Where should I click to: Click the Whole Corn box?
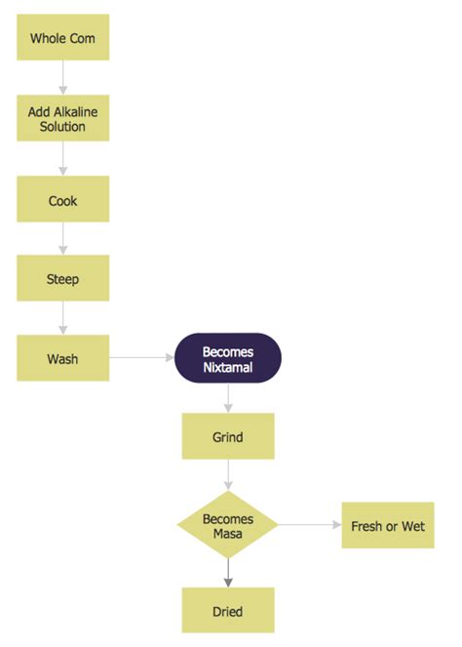click(x=63, y=38)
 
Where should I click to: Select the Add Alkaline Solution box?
click(x=63, y=119)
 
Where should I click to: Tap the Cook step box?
click(x=63, y=200)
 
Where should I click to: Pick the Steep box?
click(x=63, y=279)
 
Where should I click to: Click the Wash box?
click(x=63, y=358)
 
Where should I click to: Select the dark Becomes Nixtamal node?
click(x=228, y=358)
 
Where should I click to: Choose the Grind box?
click(x=228, y=436)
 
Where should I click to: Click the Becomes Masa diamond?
click(x=228, y=526)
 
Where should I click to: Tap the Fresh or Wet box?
click(x=387, y=526)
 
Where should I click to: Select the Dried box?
click(x=228, y=611)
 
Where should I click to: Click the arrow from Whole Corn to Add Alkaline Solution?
click(x=63, y=78)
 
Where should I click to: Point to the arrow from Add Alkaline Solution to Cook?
click(x=63, y=159)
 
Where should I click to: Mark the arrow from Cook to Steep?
click(x=63, y=239)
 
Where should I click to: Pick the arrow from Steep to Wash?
click(x=63, y=319)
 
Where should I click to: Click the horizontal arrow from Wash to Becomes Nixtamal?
click(x=141, y=358)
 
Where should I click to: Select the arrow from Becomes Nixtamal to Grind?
click(x=228, y=397)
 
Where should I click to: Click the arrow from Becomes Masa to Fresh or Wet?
click(x=310, y=526)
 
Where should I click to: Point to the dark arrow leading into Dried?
click(x=228, y=574)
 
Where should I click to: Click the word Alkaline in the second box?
click(x=76, y=111)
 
